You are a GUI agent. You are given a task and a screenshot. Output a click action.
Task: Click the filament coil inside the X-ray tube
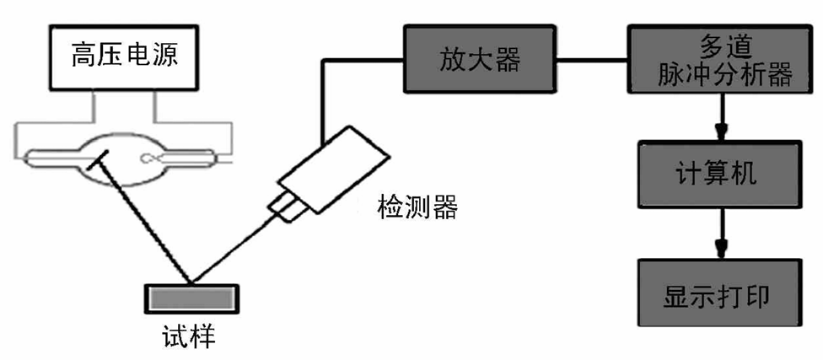pyautogui.click(x=157, y=156)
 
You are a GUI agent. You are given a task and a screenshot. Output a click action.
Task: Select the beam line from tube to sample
pyautogui.click(x=143, y=219)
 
